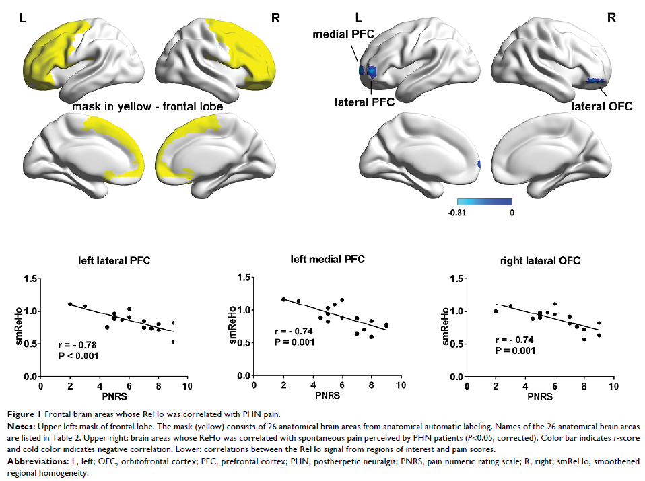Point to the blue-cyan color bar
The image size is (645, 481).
[x=484, y=202]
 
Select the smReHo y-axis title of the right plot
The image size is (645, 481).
[x=445, y=327]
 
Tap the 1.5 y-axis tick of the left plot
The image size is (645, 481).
[x=28, y=278]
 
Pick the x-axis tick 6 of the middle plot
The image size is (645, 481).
[x=342, y=386]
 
